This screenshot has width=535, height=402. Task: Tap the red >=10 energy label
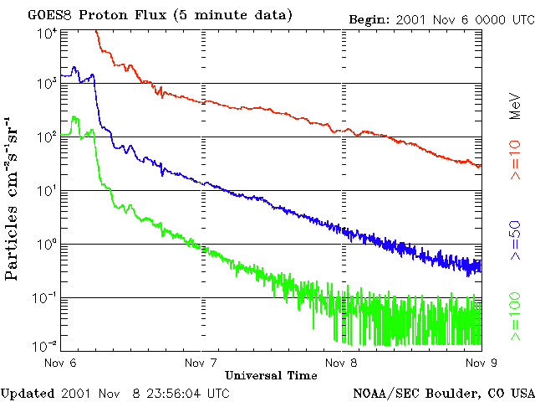515,160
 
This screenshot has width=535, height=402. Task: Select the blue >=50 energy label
515,240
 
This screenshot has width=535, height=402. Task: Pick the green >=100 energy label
515,317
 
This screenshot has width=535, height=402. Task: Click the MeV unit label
515,106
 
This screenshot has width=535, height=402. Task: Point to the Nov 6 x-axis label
60,363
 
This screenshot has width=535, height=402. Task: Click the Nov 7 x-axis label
201,363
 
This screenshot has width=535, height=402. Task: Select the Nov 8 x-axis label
341,363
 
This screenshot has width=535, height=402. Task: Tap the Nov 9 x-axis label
481,363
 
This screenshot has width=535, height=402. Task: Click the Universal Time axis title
271,376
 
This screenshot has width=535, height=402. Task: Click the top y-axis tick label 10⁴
47,34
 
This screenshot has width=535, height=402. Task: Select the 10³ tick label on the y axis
47,84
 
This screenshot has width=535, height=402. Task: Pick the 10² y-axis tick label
47,137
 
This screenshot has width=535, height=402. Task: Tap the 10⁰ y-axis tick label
47,245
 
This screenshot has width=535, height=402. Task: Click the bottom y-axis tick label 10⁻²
46,346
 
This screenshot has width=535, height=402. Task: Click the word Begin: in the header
369,20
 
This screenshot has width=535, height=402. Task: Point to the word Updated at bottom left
28,394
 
